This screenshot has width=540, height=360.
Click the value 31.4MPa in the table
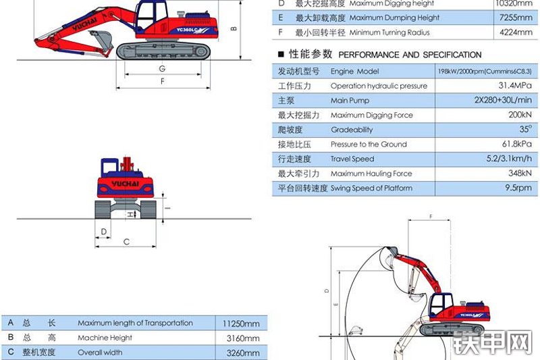coord(512,86)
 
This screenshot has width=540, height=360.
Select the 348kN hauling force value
coord(516,174)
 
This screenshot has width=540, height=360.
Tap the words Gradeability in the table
coord(351,130)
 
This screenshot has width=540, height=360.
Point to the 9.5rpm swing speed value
coord(519,188)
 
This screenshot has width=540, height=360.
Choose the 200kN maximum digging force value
coord(516,115)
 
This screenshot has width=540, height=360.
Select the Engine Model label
coord(354,72)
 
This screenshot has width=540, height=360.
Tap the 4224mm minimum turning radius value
coord(516,32)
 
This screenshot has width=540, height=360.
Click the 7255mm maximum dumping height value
coord(516,18)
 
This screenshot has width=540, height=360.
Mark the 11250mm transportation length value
coord(241,324)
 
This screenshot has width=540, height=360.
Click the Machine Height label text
coord(105,338)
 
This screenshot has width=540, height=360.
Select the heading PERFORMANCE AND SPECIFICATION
coord(410,55)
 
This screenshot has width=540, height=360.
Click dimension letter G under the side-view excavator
coord(162,69)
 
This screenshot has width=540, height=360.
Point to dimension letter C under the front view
coord(126,241)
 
